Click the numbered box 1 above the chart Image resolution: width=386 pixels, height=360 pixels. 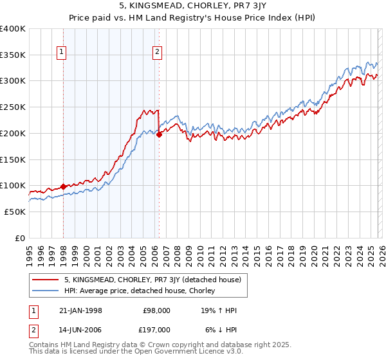[62, 53]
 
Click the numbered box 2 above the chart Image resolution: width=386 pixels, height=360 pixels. [157, 53]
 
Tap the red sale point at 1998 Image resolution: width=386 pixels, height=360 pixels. [63, 186]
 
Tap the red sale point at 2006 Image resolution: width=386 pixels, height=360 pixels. [159, 134]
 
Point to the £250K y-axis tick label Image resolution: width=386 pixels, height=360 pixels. [13, 107]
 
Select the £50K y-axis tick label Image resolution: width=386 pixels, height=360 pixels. [15, 212]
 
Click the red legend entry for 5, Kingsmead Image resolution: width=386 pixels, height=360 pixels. [152, 280]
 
